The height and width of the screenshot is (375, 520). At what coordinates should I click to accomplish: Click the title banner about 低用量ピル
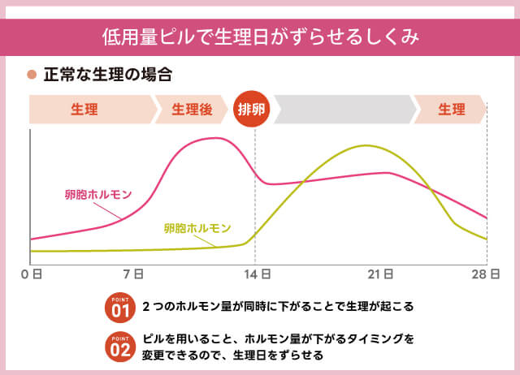(260, 37)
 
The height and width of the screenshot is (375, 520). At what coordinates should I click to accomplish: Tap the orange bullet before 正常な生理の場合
(32, 75)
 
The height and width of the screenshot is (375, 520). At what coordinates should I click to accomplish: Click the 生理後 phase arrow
(192, 109)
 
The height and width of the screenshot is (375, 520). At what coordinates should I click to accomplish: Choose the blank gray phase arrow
(344, 109)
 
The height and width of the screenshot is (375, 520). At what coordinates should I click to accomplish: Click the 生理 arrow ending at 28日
(451, 109)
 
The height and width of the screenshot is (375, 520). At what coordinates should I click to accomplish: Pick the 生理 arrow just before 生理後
(89, 109)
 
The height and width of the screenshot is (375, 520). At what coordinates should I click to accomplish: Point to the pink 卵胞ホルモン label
(98, 195)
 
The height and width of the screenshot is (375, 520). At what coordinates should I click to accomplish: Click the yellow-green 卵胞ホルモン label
(197, 228)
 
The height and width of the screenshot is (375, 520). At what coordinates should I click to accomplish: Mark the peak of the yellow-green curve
(366, 146)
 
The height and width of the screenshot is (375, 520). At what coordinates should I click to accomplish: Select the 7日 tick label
(135, 275)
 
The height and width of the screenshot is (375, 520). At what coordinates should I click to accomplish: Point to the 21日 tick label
(382, 275)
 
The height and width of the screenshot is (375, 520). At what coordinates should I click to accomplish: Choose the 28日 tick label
(484, 275)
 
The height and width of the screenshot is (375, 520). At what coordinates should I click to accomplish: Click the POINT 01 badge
(119, 308)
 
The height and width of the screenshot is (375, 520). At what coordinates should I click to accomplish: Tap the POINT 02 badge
(119, 346)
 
